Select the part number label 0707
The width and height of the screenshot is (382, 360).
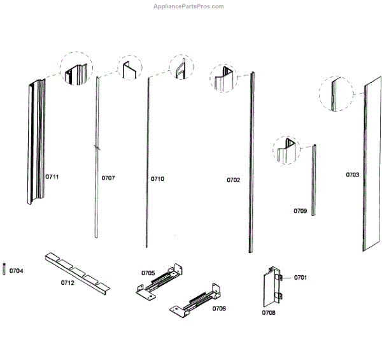tap(108, 178)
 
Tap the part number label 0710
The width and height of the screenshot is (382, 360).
tap(157, 179)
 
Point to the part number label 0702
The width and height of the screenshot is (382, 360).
tap(234, 180)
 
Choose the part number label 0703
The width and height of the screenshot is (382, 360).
tap(352, 174)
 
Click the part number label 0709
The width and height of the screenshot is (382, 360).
tap(300, 210)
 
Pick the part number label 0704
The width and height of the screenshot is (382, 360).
tap(17, 271)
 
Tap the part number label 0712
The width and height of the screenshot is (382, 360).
tap(67, 282)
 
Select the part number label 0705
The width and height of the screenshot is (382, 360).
tap(148, 273)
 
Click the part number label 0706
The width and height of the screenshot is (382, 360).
tap(218, 308)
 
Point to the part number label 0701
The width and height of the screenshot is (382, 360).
tap(301, 277)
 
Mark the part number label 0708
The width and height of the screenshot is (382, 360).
tap(269, 313)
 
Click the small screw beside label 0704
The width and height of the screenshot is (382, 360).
tap(5, 270)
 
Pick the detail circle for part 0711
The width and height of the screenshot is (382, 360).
tap(76, 69)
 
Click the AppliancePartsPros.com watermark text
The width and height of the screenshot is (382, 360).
tap(189, 6)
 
